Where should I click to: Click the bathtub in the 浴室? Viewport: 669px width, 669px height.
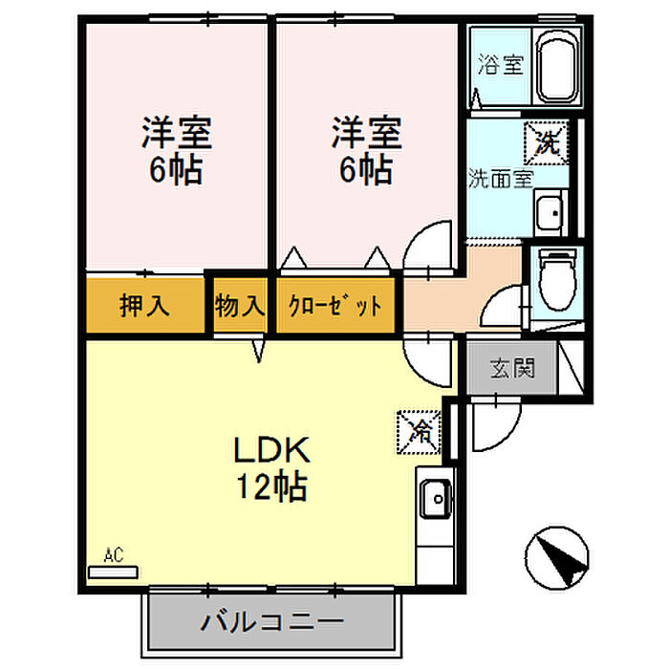[557, 67]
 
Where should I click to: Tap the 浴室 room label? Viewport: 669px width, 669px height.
[500, 65]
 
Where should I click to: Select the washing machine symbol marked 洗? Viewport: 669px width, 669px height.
[547, 143]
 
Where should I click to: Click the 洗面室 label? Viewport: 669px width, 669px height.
[501, 179]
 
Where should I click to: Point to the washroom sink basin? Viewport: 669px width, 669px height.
[550, 213]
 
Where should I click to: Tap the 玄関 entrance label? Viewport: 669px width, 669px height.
[512, 367]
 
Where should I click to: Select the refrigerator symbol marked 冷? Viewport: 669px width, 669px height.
[419, 433]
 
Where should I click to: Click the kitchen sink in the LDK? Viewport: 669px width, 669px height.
[436, 498]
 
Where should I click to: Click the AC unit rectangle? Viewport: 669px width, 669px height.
[113, 572]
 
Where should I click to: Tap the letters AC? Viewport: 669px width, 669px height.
[114, 555]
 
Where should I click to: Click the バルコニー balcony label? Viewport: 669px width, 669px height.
[271, 622]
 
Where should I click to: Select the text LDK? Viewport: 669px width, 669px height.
[271, 450]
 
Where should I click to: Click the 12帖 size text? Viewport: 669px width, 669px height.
[271, 486]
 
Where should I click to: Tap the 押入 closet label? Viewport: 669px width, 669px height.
[144, 306]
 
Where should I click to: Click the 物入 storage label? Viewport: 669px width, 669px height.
[240, 306]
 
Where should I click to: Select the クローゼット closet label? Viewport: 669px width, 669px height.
[334, 306]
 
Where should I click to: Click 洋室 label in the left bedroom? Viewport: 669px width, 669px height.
[177, 133]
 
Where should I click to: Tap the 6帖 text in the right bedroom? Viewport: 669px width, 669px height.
[366, 169]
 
